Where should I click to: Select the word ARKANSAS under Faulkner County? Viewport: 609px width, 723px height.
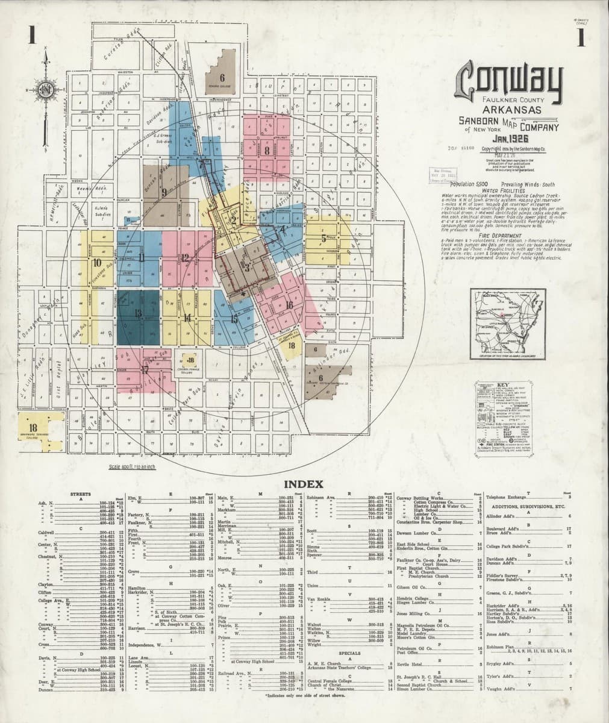pyautogui.click(x=511, y=110)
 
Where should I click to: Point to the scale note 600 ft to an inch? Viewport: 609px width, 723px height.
pyautogui.click(x=130, y=467)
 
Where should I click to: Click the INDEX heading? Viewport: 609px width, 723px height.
pyautogui.click(x=304, y=484)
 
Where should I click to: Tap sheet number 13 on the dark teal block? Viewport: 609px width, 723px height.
pyautogui.click(x=139, y=313)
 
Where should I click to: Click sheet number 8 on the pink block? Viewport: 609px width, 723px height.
pyautogui.click(x=266, y=151)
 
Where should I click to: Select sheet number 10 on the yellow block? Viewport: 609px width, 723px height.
pyautogui.click(x=97, y=262)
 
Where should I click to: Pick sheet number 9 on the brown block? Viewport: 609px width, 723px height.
pyautogui.click(x=164, y=193)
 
